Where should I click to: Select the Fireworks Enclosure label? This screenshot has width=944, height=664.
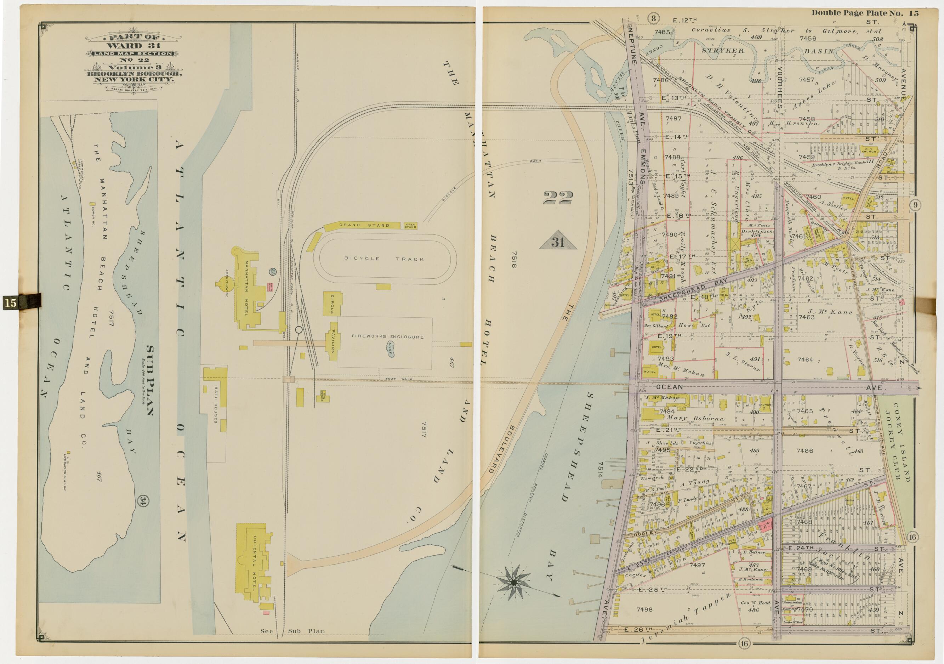pos(387,337)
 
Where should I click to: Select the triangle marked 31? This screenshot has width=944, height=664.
pos(558,243)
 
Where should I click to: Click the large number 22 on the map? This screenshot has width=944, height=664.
pos(558,199)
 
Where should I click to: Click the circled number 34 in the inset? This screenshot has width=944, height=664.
pos(143,500)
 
